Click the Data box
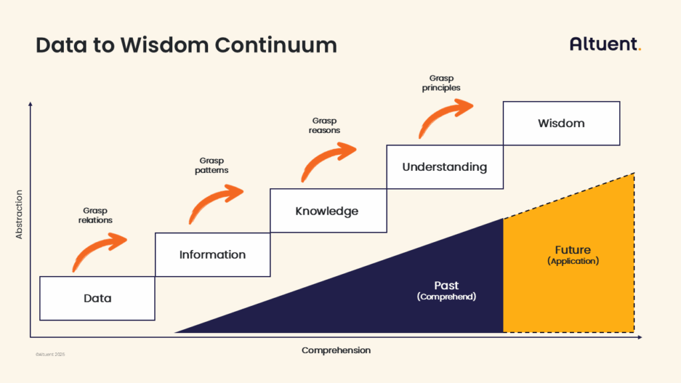[97, 299]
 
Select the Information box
[212, 255]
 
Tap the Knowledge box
[327, 211]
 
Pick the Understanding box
[444, 167]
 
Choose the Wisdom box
[561, 124]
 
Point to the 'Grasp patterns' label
[213, 165]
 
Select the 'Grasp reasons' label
[325, 126]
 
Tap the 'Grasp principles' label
[441, 83]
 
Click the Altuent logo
[605, 45]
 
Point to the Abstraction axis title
[19, 214]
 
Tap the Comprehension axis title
[336, 350]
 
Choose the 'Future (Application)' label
[573, 255]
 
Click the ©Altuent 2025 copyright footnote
[51, 354]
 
